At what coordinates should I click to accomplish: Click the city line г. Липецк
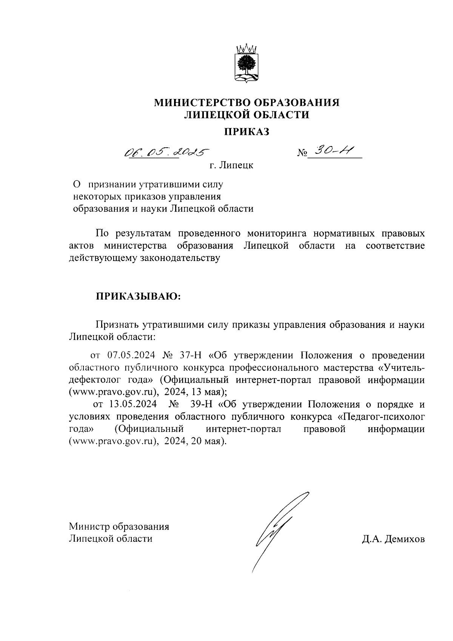(x=231, y=165)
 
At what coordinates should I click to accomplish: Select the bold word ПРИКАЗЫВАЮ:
(x=138, y=296)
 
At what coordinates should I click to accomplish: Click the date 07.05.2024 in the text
(x=130, y=355)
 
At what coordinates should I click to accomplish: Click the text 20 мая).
(x=209, y=442)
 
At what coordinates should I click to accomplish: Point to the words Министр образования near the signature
(x=119, y=527)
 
